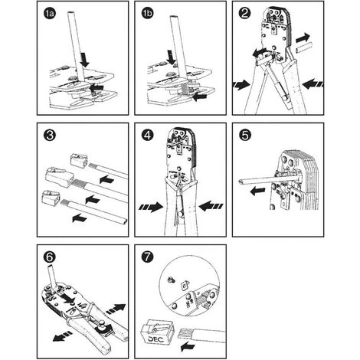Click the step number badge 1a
[50, 14]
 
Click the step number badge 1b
[147, 14]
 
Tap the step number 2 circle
[244, 13]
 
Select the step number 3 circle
[50, 135]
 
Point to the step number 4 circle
[147, 135]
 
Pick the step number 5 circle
[244, 135]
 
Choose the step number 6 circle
[50, 257]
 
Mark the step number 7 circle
[147, 257]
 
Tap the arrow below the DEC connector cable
[188, 347]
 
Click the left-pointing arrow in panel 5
[257, 191]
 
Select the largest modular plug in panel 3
[58, 177]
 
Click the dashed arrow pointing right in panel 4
[151, 207]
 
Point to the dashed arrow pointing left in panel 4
[211, 206]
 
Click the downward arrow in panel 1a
[84, 60]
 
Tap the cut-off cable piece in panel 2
[303, 47]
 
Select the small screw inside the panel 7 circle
[171, 280]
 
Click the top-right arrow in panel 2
[303, 38]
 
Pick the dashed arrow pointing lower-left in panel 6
[62, 335]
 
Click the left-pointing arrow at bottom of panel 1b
[200, 97]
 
